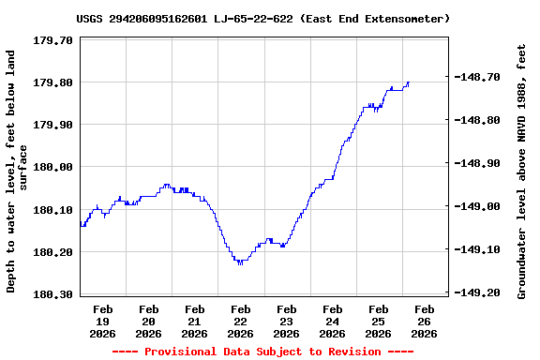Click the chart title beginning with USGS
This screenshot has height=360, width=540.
[x=263, y=19]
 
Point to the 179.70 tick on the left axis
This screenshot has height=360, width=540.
[x=53, y=40]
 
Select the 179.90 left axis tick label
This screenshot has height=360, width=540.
[x=53, y=125]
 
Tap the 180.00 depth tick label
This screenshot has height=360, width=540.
[x=53, y=167]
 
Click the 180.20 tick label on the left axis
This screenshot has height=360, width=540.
[x=53, y=252]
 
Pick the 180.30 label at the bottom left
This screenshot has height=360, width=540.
[x=53, y=294]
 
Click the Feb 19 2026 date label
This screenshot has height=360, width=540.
[x=103, y=321]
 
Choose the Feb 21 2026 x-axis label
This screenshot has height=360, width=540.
[x=195, y=321]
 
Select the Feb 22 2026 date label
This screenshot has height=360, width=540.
[x=241, y=321]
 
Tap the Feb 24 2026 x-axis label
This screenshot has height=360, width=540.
[x=333, y=321]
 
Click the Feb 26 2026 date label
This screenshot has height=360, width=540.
[x=425, y=321]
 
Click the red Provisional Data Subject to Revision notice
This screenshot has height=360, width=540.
[x=263, y=352]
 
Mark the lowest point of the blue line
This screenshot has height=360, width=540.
[x=241, y=264]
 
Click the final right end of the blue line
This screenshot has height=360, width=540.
[x=409, y=82]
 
